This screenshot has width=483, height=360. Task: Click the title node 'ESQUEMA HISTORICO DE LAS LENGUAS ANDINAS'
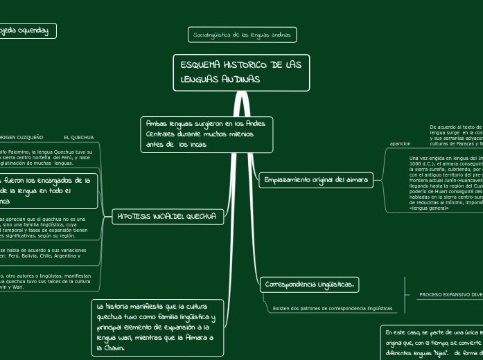click(x=240, y=72)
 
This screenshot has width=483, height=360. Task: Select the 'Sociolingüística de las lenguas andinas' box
click(x=243, y=34)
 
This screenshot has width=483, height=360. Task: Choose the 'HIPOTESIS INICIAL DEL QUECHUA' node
click(x=168, y=217)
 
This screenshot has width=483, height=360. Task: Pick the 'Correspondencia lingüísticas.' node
click(x=309, y=284)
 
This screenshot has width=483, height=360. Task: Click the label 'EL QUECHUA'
click(x=78, y=138)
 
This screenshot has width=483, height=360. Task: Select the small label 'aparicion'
click(x=401, y=143)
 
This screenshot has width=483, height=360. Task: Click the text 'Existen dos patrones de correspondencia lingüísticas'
click(x=332, y=308)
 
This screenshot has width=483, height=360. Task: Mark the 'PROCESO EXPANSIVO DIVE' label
click(x=450, y=294)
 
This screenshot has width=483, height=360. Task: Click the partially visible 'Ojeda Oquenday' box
click(x=26, y=30)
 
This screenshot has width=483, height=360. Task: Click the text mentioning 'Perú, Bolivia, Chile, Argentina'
click(x=45, y=253)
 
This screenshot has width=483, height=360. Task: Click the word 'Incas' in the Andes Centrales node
click(x=197, y=145)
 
